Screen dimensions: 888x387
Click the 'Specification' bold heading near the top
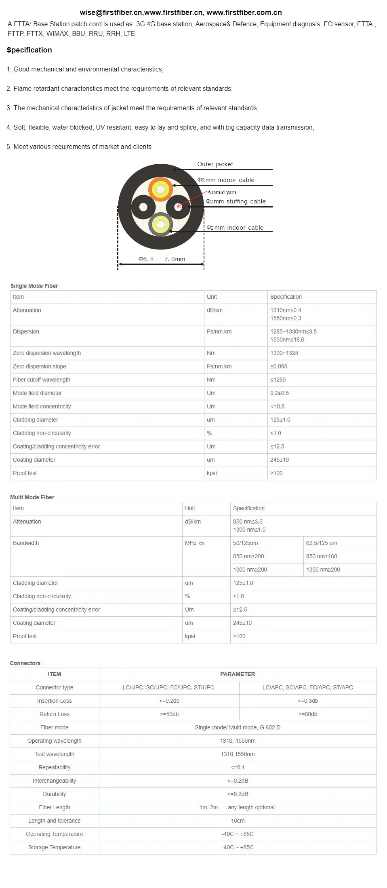pos(29,50)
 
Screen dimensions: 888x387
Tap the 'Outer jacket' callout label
pos(215,164)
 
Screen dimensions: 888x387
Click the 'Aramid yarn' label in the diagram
pos(221,192)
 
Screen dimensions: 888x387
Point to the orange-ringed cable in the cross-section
pos(160,189)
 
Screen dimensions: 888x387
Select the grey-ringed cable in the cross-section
pos(160,224)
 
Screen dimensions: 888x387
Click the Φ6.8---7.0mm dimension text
pos(162,259)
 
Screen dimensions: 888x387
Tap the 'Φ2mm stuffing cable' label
pos(236,201)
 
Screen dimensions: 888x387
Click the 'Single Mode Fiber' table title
pos(34,286)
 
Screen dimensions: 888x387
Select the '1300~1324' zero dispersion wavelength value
pos(284,353)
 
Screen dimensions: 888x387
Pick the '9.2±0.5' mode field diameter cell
pos(280,393)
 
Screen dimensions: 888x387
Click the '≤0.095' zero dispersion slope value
pos(279,367)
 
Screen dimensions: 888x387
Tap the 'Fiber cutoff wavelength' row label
pos(42,380)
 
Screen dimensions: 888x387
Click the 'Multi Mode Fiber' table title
pos(32,497)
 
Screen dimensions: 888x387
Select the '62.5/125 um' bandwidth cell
pos(322,543)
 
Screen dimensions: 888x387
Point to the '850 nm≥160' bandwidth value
pos(322,557)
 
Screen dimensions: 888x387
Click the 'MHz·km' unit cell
pos(194,543)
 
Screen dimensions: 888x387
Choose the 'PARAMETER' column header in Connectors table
pos(238,674)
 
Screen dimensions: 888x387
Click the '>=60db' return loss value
pos(308,714)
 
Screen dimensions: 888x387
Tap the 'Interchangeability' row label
pos(55,781)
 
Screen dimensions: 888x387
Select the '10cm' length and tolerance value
pos(238,821)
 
